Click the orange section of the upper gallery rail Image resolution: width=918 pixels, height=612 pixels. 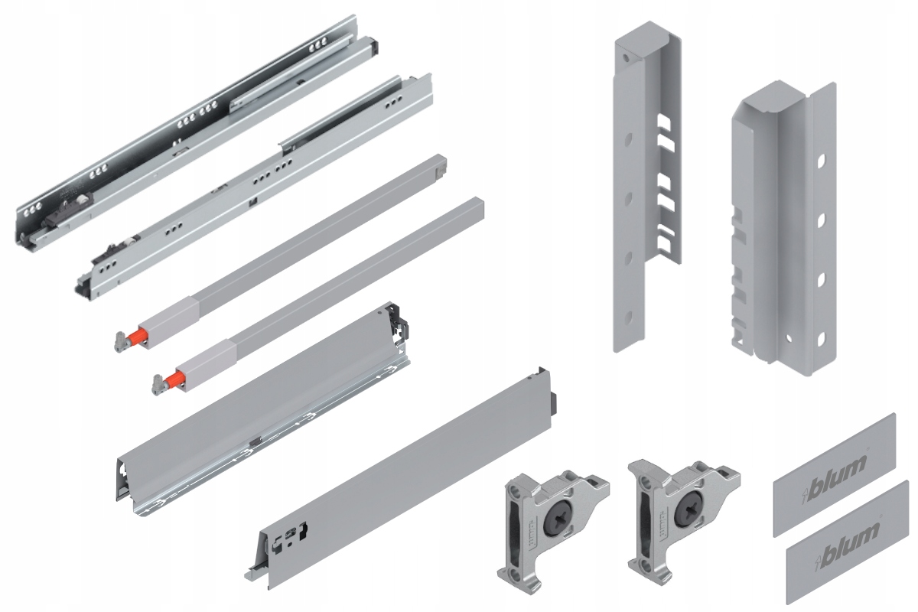(138, 336)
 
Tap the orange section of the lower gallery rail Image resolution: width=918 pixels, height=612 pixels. (177, 376)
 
